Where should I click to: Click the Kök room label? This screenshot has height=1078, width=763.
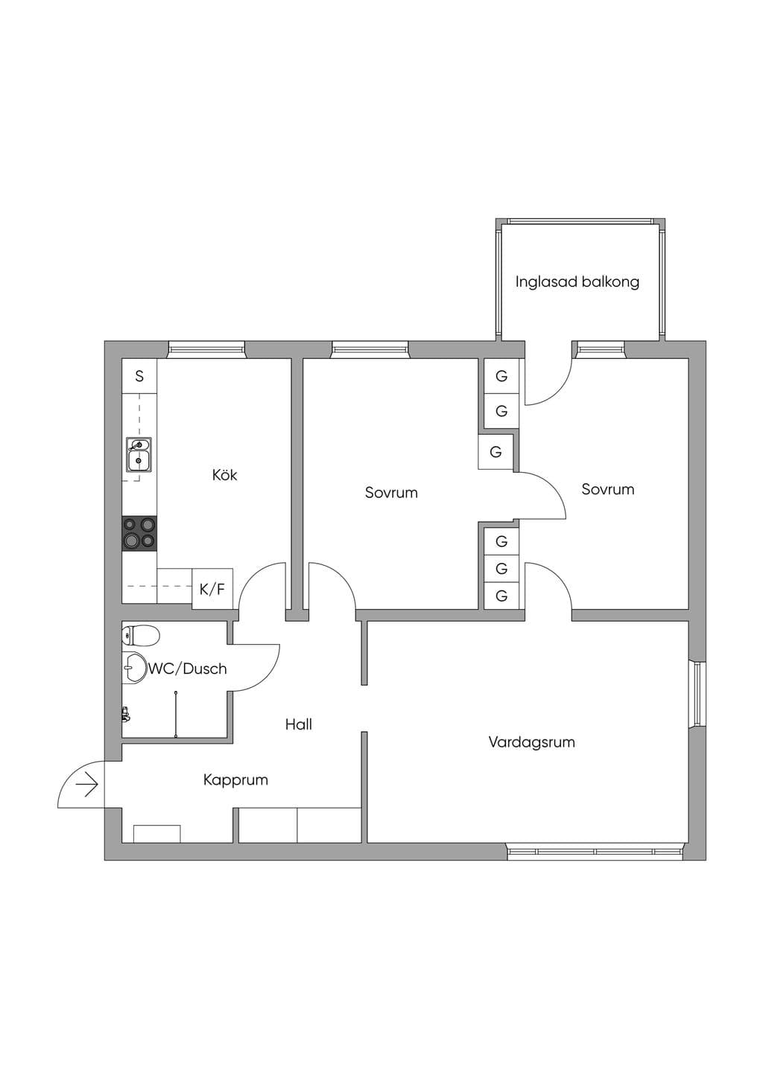coord(224,476)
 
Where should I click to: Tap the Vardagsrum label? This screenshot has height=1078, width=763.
coord(531,742)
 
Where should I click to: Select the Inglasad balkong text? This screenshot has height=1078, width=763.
coord(577,282)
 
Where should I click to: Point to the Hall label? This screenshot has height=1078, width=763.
coord(299,724)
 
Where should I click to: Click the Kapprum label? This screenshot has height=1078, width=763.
coord(235,780)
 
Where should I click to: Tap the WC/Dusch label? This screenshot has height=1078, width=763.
coord(187,669)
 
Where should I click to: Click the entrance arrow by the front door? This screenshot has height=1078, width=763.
coord(86,785)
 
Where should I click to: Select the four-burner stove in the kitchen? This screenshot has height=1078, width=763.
coord(139,534)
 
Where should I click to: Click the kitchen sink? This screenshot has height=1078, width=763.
coord(139,454)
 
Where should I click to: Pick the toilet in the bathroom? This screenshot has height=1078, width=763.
coord(141,635)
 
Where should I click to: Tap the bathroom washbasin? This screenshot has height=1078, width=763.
coord(134,668)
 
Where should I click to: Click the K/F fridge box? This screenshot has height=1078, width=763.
coord(212,589)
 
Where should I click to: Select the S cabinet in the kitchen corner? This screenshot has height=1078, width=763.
coord(139,376)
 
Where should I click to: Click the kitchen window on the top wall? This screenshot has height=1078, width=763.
coord(206,350)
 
